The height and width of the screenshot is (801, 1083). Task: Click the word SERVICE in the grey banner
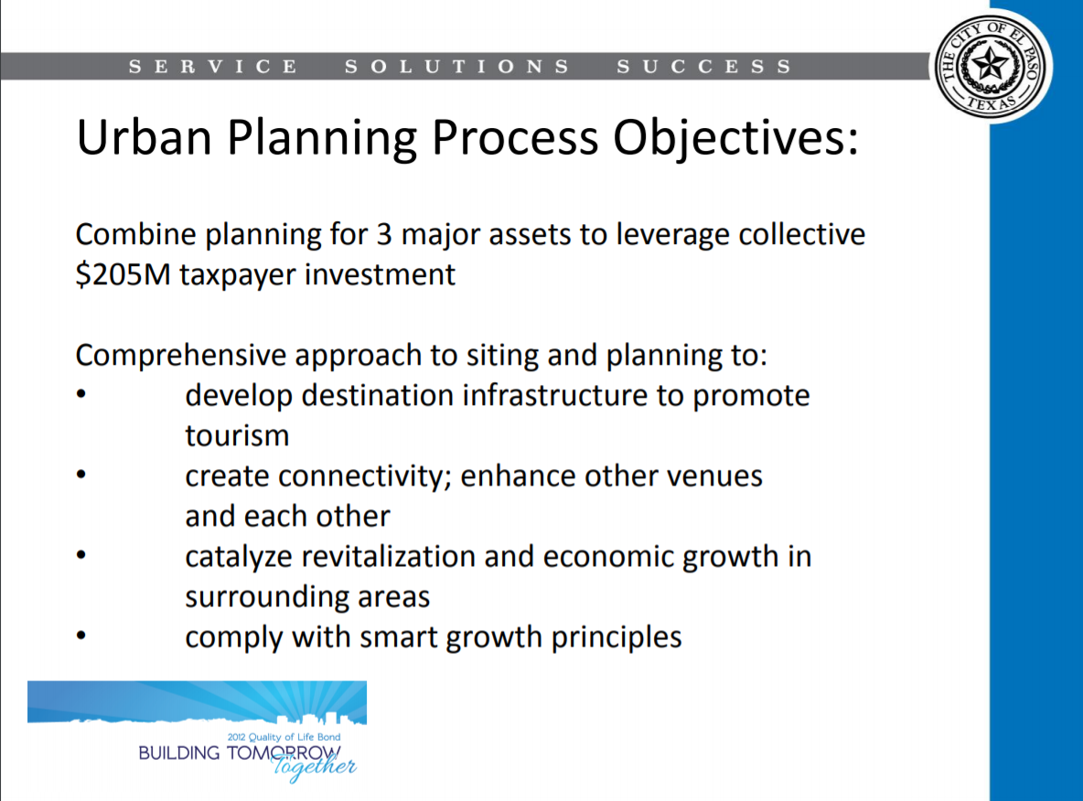click(213, 67)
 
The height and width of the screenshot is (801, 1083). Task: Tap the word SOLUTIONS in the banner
click(457, 67)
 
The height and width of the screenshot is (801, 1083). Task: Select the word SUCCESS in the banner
click(703, 67)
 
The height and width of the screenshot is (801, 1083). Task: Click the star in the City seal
click(990, 65)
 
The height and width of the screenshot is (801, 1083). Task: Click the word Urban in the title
click(144, 137)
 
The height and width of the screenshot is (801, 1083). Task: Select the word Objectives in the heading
click(735, 138)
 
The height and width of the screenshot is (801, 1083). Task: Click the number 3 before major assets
click(384, 235)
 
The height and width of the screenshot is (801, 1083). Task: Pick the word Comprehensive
click(180, 356)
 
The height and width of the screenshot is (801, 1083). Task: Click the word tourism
click(237, 436)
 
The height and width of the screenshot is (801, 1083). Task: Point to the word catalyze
click(239, 557)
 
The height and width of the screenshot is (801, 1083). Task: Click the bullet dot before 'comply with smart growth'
click(80, 635)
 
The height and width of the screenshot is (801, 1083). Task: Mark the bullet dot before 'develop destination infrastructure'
click(80, 393)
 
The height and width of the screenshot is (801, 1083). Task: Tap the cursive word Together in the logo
click(315, 766)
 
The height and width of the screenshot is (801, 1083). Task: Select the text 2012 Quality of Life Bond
click(284, 737)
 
